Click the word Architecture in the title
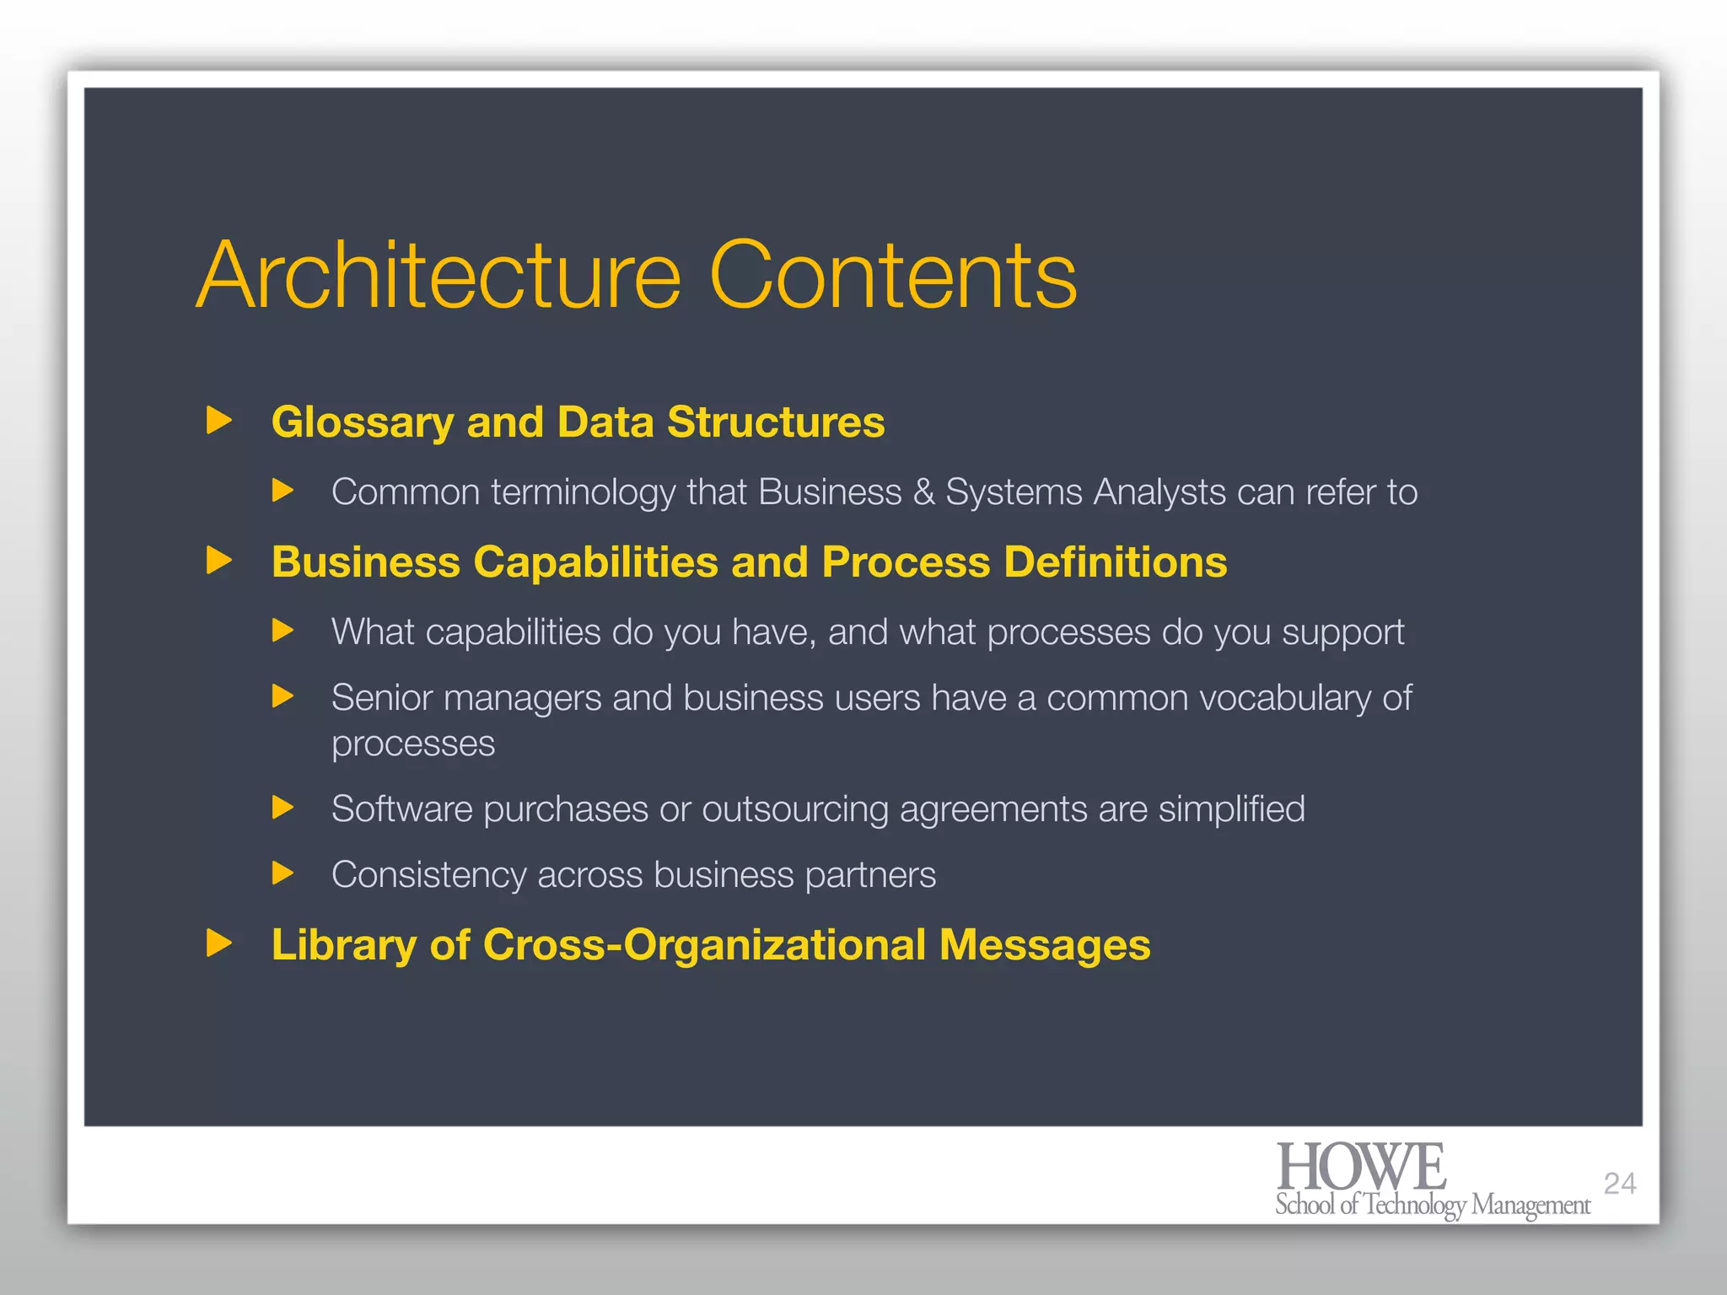tap(438, 277)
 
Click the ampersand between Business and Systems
tap(924, 492)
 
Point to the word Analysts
tap(1159, 492)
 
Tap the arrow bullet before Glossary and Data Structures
tap(219, 420)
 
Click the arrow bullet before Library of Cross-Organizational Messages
tap(219, 943)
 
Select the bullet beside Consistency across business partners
tap(283, 873)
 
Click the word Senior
tap(382, 698)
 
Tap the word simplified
tap(1231, 809)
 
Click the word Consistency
tap(428, 875)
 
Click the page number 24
tap(1620, 1184)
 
